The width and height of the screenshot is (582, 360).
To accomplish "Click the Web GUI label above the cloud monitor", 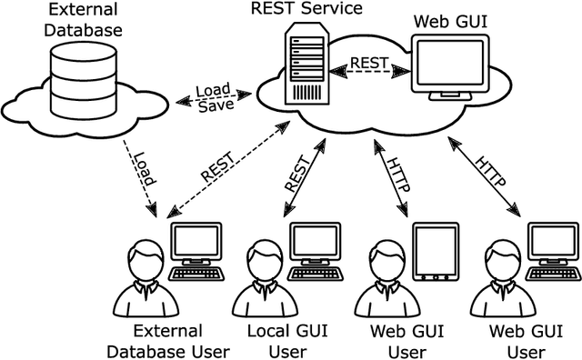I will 450,21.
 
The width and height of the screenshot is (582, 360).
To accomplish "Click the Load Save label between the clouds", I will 216,97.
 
